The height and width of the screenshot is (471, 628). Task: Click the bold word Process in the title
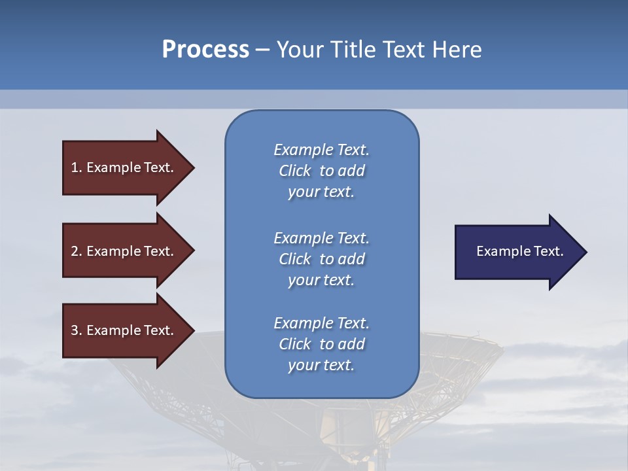pos(205,50)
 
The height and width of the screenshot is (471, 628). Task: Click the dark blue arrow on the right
pos(517,252)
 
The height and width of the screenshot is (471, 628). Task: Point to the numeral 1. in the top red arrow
pos(76,167)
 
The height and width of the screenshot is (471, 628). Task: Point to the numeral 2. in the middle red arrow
pos(76,251)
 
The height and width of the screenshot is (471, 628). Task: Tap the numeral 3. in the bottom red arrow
pos(76,330)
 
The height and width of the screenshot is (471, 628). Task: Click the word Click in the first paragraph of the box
pos(295,171)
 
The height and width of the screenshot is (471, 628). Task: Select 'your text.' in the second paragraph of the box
pos(321,280)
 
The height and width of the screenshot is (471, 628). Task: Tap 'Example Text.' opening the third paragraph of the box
pos(321,323)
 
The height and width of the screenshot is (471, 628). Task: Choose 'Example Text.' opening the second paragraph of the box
pos(321,238)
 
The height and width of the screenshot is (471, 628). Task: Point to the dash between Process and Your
pos(262,50)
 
